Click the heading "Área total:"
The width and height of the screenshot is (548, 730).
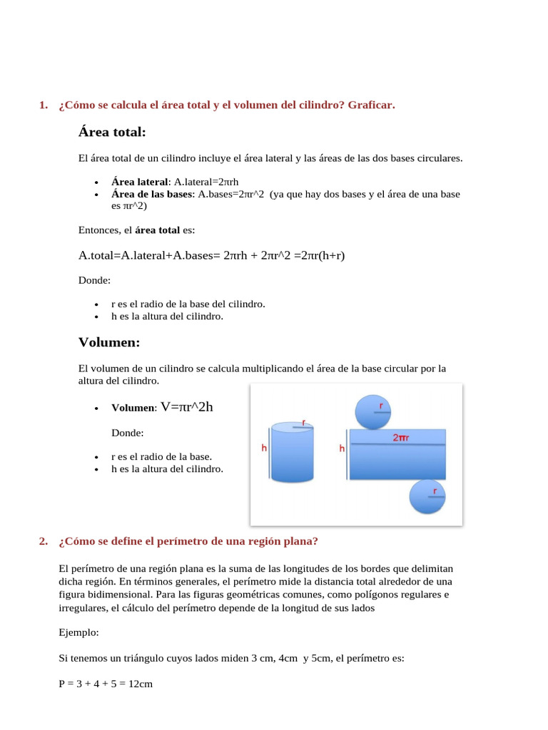point(112,133)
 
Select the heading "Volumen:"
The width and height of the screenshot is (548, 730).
point(109,343)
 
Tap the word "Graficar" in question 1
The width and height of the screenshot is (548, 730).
point(370,106)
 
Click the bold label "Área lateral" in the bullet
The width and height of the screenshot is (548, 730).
point(139,182)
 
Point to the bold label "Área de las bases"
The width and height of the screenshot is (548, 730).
point(152,194)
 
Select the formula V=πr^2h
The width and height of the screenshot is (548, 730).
point(187,407)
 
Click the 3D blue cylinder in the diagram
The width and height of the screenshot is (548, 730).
point(293,453)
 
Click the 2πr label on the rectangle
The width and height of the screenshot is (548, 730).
point(400,438)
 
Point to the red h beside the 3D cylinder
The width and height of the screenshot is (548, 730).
point(264,448)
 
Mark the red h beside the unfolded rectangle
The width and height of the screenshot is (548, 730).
point(342,448)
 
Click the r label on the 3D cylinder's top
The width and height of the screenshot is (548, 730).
point(305,423)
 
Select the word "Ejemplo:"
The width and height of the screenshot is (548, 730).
point(78,632)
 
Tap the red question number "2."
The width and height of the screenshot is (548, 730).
point(44,541)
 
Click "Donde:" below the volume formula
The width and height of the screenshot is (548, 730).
point(127,433)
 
